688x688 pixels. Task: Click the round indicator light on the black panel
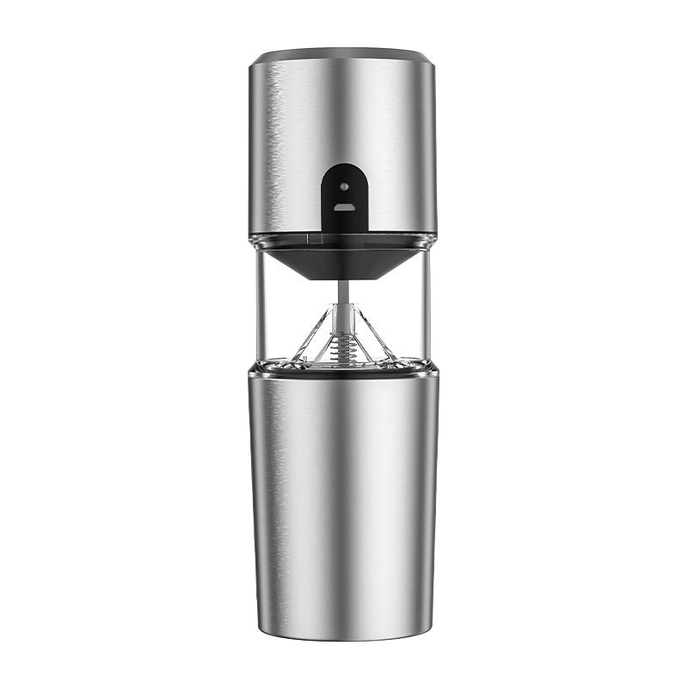(344, 186)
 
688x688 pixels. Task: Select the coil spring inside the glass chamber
(344, 344)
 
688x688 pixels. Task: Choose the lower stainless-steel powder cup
(344, 490)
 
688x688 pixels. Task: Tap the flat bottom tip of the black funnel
(344, 276)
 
